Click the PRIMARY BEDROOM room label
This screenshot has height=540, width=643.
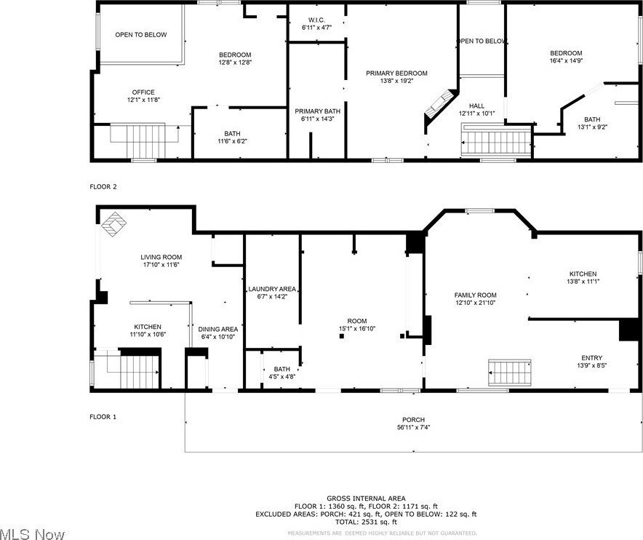396,73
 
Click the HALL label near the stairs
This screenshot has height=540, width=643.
476,106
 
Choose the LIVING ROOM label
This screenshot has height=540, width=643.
161,257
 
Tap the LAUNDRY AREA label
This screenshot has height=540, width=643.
272,289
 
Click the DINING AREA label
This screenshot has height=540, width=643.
218,329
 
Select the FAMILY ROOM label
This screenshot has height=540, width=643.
476,295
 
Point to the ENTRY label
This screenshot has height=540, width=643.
591,357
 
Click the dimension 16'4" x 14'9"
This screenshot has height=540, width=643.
565,60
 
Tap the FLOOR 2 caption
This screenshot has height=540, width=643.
103,187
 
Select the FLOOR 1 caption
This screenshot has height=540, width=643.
103,417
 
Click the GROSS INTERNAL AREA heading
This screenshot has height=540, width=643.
366,498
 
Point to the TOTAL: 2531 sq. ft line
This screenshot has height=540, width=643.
366,522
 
